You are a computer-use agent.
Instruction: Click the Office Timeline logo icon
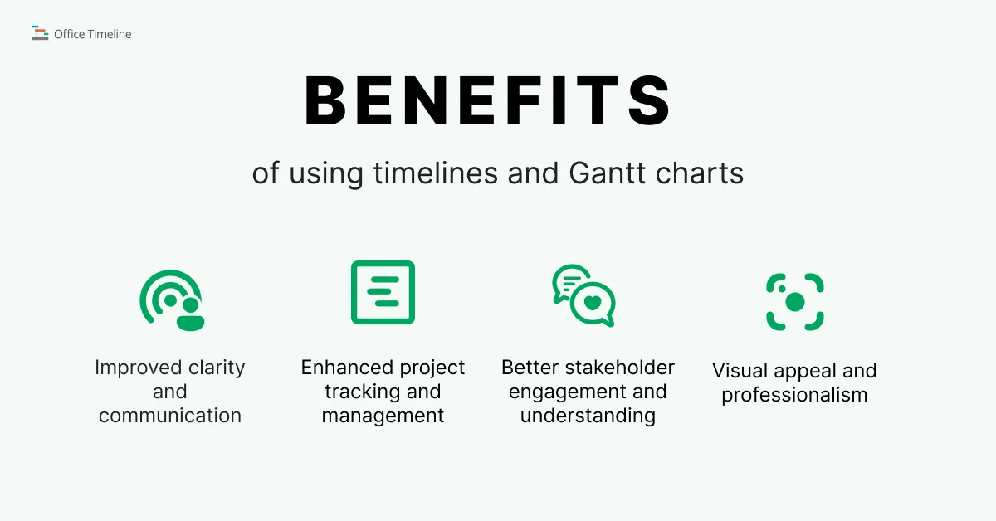point(40,33)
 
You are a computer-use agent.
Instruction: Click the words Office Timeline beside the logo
point(92,34)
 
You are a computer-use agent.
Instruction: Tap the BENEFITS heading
point(487,101)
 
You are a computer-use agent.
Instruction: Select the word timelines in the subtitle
point(435,173)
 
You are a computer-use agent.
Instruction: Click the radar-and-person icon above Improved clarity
point(172,300)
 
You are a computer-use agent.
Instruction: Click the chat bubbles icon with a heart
point(583,295)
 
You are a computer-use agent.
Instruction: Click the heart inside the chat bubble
point(593,303)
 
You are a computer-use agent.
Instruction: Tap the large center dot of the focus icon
point(795,302)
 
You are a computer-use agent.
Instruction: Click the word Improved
point(139,368)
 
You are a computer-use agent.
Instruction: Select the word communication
point(170,416)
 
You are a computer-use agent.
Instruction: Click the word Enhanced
point(346,368)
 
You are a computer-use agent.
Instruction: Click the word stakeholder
point(619,368)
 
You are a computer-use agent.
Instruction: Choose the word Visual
point(739,371)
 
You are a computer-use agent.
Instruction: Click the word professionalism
point(794,395)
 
